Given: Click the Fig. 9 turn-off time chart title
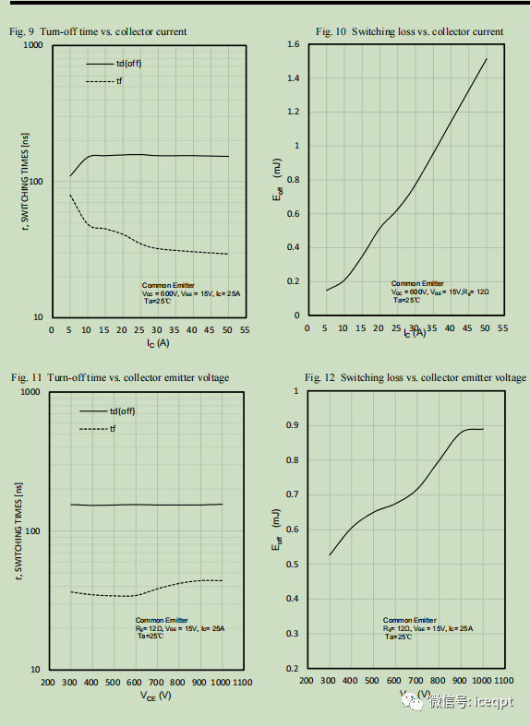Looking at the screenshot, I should (98, 31).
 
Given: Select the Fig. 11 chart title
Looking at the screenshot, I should (120, 377).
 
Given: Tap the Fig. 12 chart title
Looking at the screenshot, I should (416, 377).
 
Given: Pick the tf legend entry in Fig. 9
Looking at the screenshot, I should (119, 82).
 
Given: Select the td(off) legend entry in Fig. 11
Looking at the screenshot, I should (126, 411).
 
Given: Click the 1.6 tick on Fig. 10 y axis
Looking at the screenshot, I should (293, 44).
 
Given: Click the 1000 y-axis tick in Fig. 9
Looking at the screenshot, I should (33, 45).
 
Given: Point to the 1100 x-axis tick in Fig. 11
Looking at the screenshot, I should (242, 683).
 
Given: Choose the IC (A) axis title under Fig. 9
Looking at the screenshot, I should (157, 342).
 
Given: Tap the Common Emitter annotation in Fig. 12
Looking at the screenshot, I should (410, 621).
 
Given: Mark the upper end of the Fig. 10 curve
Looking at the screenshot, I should (486, 59).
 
